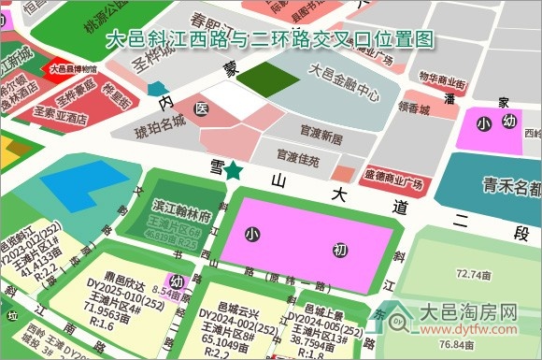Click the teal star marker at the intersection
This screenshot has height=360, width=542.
tap(231, 171)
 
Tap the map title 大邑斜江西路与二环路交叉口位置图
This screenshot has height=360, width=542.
tap(271, 39)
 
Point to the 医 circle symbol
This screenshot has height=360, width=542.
tap(200, 109)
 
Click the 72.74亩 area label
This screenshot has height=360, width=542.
tap(475, 274)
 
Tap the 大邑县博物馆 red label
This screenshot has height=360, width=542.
tap(74, 68)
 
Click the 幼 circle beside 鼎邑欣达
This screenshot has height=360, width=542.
tap(176, 281)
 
